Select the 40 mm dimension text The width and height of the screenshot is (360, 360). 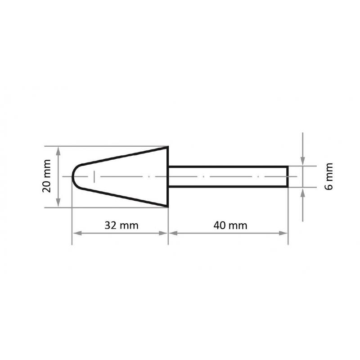[x=231, y=225]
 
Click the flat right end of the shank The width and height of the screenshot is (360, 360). [x=288, y=176]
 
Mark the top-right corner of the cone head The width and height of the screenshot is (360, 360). [x=168, y=147]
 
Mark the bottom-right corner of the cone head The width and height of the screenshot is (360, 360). [x=168, y=207]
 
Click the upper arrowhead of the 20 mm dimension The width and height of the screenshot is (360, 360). [x=58, y=150]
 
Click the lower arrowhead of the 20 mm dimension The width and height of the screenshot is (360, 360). [x=58, y=204]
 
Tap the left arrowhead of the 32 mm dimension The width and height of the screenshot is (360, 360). [x=76, y=233]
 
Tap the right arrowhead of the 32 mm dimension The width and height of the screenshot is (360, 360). [x=164, y=233]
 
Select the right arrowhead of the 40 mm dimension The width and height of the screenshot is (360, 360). [x=284, y=233]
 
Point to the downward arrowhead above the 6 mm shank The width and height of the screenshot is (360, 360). [x=303, y=162]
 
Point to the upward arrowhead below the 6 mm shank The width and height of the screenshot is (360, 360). [x=303, y=191]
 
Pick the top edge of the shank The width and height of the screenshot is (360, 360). [x=227, y=166]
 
